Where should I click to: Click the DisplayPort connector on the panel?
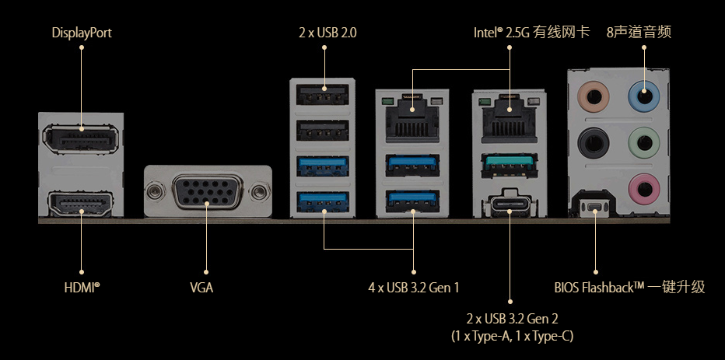click(x=82, y=140)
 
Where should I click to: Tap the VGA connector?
click(x=207, y=191)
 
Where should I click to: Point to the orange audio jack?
click(x=595, y=100)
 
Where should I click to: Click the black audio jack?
click(x=595, y=143)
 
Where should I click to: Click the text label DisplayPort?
click(x=82, y=33)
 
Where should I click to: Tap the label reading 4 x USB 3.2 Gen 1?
click(x=414, y=288)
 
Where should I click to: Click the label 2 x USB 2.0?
click(x=323, y=33)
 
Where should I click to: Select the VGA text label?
click(x=201, y=288)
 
